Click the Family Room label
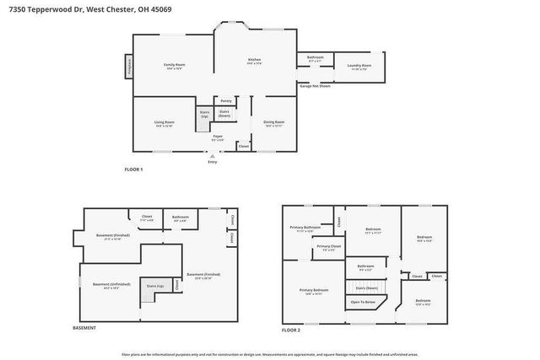[174, 66]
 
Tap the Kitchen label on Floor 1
[254, 61]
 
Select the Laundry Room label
[359, 66]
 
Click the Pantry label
[226, 100]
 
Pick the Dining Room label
[274, 122]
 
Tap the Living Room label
[164, 123]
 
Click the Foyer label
[218, 136]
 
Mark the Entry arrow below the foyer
[212, 156]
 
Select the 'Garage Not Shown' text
[315, 86]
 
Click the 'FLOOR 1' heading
[134, 169]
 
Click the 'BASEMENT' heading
[84, 327]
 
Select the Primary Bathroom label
[305, 228]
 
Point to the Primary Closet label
[329, 247]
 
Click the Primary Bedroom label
[312, 291]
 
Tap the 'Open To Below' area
[364, 302]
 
